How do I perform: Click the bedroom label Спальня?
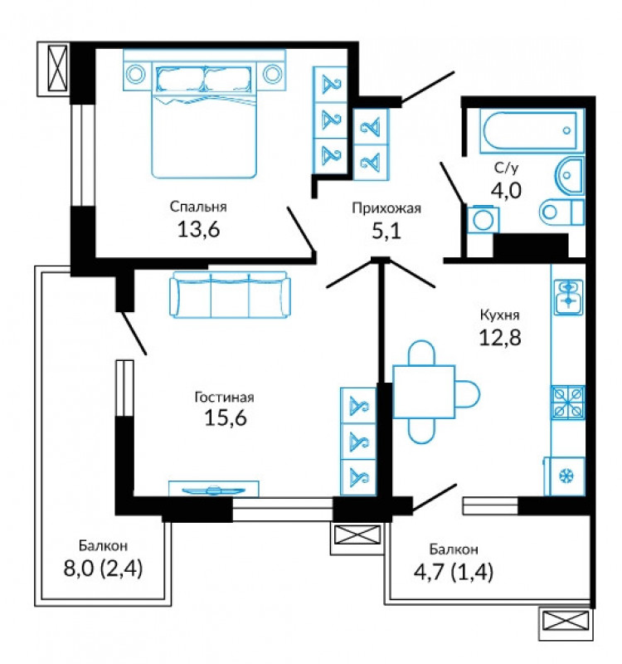(198, 207)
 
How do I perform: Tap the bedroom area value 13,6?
(198, 230)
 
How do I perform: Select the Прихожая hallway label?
(386, 208)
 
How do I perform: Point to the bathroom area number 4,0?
(506, 190)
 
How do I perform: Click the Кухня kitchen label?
(500, 315)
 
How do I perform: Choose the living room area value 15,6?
(226, 418)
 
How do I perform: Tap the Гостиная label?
(224, 398)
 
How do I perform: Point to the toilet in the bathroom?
(562, 211)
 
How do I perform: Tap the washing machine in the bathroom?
(484, 219)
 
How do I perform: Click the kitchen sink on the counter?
(569, 297)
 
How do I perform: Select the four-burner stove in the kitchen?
(568, 402)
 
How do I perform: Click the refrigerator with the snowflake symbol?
(565, 476)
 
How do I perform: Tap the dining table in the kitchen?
(424, 392)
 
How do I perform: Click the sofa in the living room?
(231, 295)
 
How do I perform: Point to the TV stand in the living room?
(214, 488)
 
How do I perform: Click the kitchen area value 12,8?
(500, 338)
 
